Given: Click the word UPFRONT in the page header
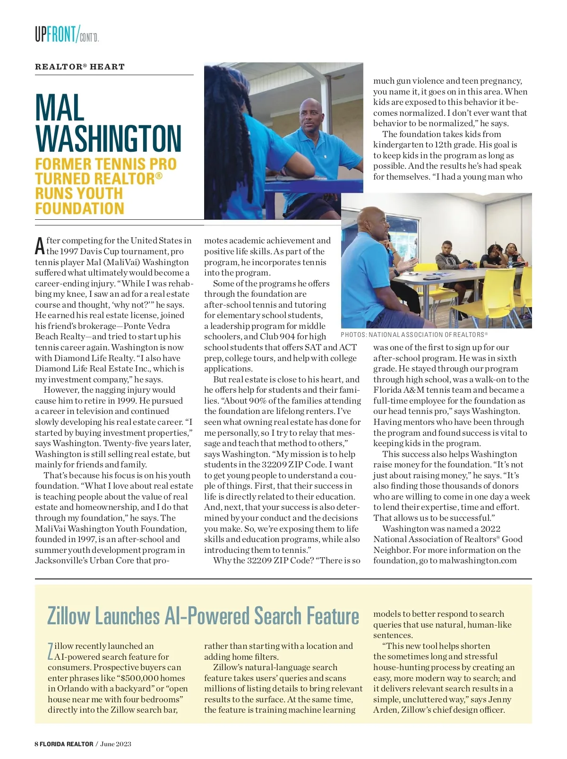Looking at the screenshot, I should click(x=55, y=34).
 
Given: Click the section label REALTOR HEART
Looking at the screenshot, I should click(x=79, y=67).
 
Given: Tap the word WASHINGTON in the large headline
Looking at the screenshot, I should click(x=108, y=139).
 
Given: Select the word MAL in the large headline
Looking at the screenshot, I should click(x=60, y=108).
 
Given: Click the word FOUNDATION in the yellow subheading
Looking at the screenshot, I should click(x=79, y=208).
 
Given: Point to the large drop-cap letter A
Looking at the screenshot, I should click(x=40, y=246).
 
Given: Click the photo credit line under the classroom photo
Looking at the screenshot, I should click(x=414, y=335).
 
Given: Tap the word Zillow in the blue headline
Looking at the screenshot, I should click(x=69, y=616).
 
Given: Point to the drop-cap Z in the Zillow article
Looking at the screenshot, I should click(x=51, y=651).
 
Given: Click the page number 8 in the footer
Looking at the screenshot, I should click(x=36, y=744).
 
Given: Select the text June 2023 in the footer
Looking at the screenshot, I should click(x=116, y=744).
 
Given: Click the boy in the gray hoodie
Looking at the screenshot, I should click(x=447, y=260).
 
